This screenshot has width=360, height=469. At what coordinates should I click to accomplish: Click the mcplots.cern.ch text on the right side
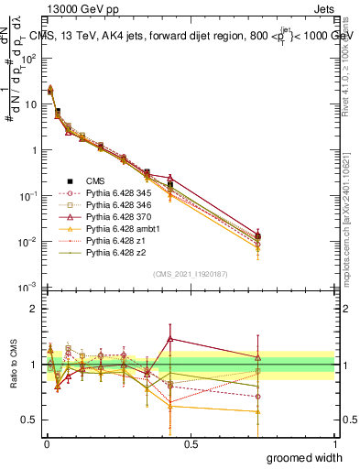click(352, 220)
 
